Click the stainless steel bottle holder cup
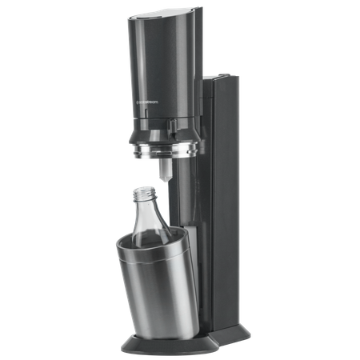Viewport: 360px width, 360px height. [160, 280]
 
